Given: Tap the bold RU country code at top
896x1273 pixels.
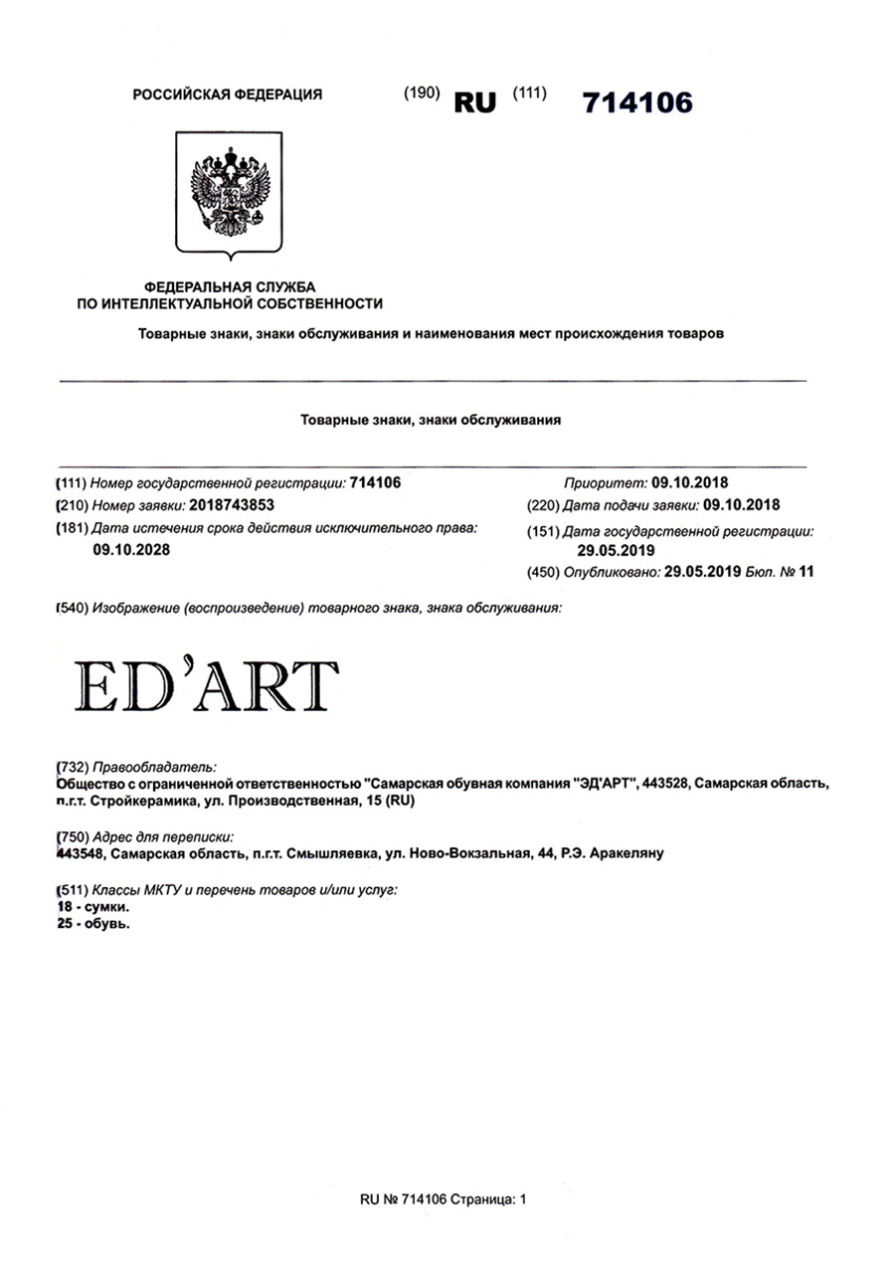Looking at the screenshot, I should (x=474, y=102).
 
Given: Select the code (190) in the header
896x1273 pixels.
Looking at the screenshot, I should (x=421, y=93).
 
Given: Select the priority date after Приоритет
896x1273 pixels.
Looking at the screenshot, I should (x=689, y=483).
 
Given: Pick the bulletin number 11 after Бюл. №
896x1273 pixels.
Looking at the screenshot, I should (x=806, y=571).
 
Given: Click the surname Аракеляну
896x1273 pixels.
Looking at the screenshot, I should (x=625, y=853).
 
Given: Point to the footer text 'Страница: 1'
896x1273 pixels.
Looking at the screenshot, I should (x=487, y=1199).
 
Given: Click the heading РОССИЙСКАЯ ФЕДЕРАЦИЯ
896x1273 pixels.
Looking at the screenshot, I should (x=227, y=94).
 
